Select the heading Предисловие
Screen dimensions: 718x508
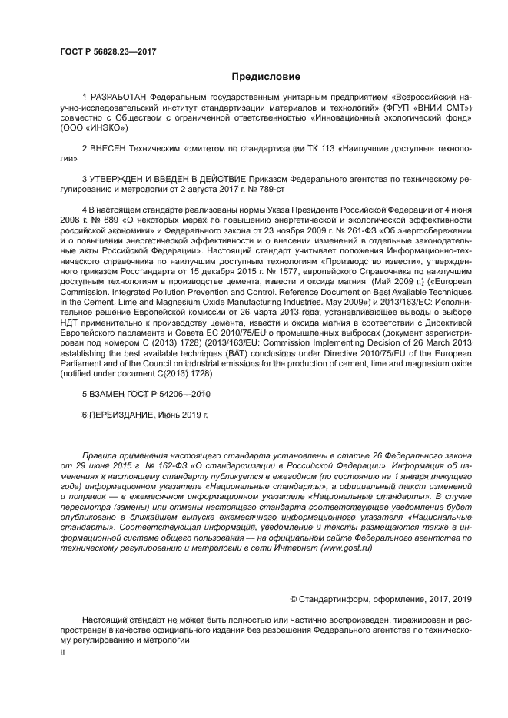(x=266, y=77)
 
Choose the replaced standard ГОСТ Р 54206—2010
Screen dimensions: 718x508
(x=171, y=393)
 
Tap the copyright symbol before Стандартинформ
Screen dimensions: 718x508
(x=293, y=598)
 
